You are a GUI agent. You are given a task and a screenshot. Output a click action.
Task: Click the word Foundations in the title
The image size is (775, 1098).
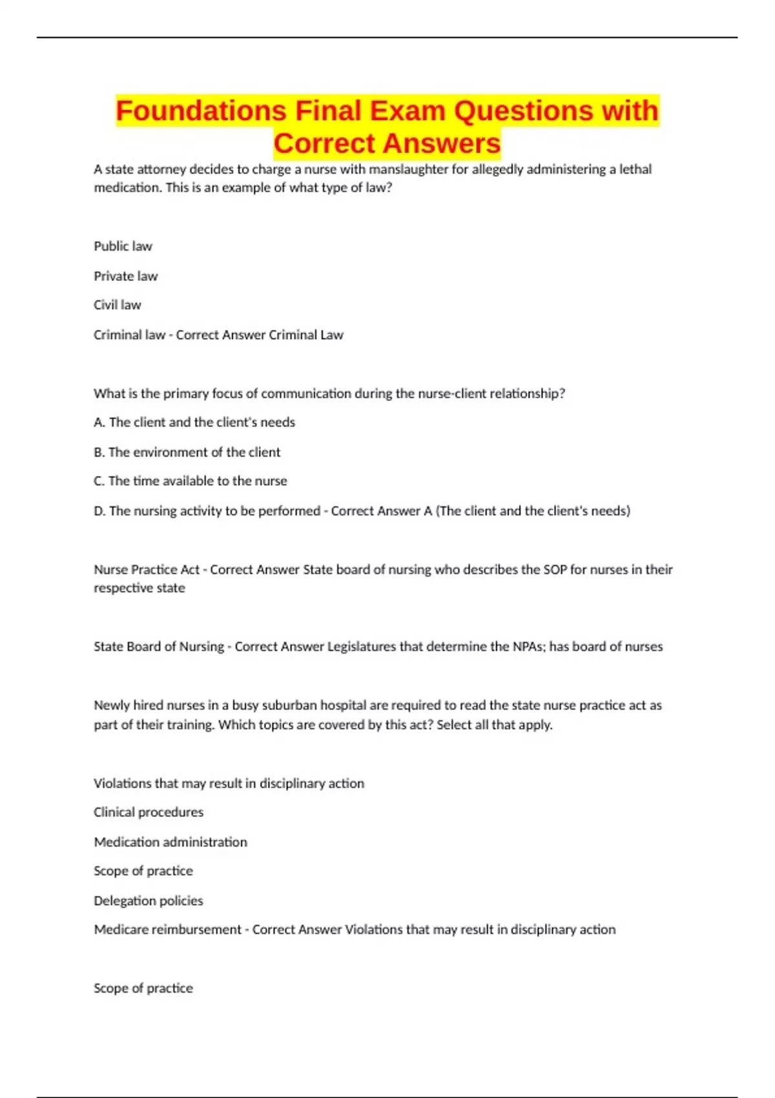201,111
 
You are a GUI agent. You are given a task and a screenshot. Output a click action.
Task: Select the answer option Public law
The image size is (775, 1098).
123,246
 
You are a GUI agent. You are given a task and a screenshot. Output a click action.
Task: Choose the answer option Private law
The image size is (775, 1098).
125,276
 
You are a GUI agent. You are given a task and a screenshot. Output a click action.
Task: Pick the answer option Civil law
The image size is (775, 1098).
117,305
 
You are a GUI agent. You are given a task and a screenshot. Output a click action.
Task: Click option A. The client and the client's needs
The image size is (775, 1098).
194,422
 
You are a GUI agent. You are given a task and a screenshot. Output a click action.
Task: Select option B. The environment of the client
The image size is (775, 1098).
187,452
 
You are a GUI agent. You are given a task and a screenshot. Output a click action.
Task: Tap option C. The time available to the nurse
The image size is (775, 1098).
191,481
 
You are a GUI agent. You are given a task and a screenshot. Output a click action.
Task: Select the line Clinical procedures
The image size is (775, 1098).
149,812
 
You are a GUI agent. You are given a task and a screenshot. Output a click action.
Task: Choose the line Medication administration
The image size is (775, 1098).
170,842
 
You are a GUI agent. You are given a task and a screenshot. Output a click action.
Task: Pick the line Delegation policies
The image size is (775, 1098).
149,900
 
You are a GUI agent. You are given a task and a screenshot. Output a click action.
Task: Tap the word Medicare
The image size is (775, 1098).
122,929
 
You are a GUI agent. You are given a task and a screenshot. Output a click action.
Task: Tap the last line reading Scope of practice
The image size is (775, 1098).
143,988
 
